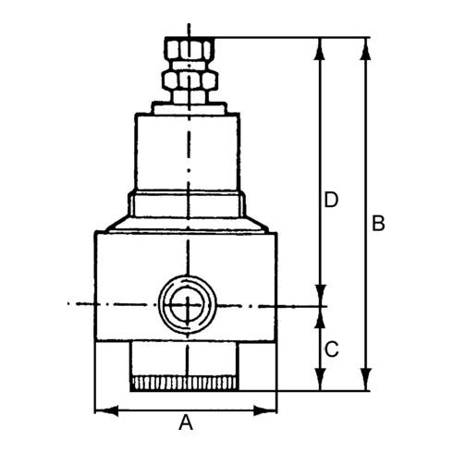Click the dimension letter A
[x=186, y=423]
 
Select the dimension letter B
[x=377, y=224]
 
